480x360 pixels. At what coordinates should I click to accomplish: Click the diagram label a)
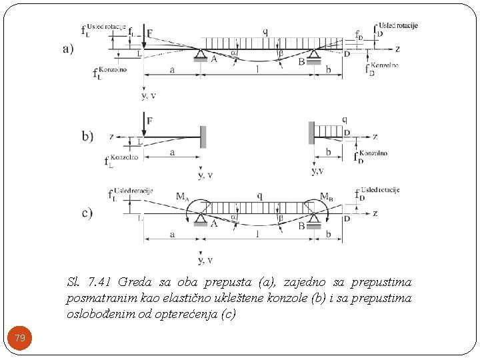(x=67, y=49)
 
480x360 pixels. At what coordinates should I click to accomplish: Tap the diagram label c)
(x=87, y=213)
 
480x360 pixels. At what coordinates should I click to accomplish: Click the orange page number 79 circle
(x=20, y=339)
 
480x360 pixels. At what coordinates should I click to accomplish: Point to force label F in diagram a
(x=149, y=33)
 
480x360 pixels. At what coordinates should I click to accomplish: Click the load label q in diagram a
(x=265, y=31)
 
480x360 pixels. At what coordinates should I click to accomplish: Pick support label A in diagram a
(x=213, y=59)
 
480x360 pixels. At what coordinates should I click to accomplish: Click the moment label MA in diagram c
(x=181, y=196)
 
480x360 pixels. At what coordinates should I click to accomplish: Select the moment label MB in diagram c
(x=327, y=196)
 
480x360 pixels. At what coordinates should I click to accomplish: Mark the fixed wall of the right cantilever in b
(x=311, y=132)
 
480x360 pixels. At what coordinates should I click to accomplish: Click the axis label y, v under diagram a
(x=149, y=95)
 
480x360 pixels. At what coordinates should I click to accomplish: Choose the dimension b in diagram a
(x=329, y=69)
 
